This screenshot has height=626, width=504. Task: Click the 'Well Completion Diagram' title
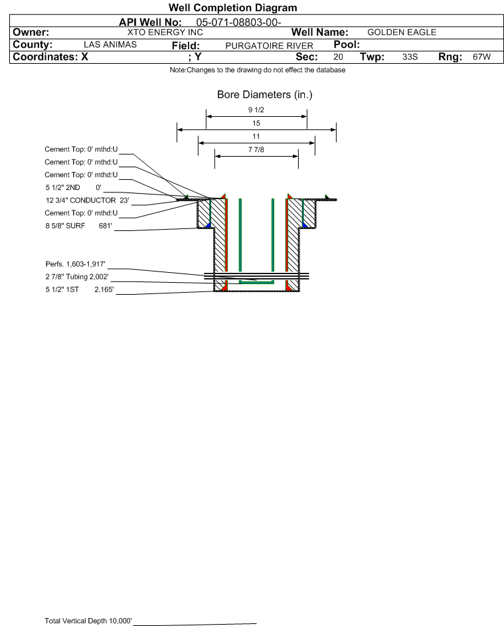click(233, 7)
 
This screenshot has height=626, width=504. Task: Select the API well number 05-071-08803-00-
click(239, 23)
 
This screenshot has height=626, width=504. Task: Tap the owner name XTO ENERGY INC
click(165, 33)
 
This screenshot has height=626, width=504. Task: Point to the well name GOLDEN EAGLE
click(402, 33)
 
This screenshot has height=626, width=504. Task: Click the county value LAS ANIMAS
click(110, 44)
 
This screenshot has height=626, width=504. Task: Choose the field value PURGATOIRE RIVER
click(269, 46)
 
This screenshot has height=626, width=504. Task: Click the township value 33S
click(410, 56)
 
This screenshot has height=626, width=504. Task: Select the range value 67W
click(481, 56)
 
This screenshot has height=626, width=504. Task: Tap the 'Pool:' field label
click(347, 44)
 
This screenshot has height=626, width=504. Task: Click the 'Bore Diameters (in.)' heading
click(265, 95)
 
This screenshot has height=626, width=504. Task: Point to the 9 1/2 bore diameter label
click(256, 110)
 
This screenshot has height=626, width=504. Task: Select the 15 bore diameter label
click(256, 123)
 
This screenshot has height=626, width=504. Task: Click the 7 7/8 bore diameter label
click(256, 150)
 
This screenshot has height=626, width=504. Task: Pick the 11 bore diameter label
click(256, 137)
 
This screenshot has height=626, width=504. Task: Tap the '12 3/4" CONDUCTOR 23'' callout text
click(88, 200)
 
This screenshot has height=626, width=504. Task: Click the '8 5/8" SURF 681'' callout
click(78, 226)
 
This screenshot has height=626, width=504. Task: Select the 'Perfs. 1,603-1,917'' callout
click(76, 264)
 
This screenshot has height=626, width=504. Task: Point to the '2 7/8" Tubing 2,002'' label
click(77, 277)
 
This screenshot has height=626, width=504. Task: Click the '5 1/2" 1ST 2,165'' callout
click(80, 289)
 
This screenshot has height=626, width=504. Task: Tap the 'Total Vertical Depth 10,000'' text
click(88, 621)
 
